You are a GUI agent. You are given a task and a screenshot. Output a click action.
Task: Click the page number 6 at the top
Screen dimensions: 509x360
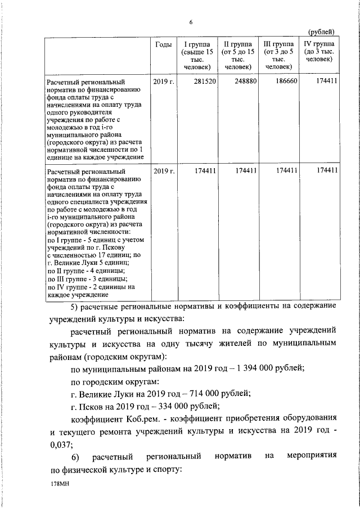[x=191, y=22]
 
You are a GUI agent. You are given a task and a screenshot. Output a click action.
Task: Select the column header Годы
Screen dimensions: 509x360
[x=163, y=44]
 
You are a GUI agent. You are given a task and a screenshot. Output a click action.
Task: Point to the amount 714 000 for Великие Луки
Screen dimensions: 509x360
[x=200, y=393]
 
